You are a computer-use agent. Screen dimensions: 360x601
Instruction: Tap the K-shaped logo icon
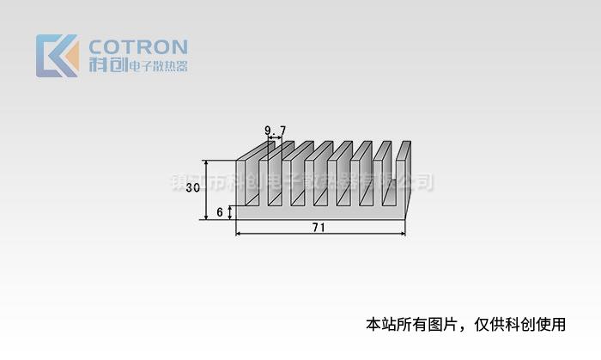pos(57,56)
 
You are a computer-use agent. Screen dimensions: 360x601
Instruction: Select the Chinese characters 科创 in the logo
pos(106,65)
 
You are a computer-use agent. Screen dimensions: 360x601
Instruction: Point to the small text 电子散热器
pos(157,66)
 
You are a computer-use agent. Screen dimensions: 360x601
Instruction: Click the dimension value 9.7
pos(276,130)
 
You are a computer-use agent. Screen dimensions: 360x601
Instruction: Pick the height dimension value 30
pos(193,188)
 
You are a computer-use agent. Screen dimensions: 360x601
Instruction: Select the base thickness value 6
pos(221,211)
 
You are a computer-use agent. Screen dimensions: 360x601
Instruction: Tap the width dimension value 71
pos(318,228)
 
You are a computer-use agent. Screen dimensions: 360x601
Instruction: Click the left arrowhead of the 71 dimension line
pos(238,234)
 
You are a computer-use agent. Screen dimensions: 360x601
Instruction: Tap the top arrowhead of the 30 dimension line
pos(206,163)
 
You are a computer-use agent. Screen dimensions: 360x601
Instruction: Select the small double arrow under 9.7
pos(276,137)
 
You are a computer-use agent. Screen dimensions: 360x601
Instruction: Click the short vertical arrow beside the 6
pos(231,211)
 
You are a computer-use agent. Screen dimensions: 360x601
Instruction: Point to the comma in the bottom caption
pos(464,328)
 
